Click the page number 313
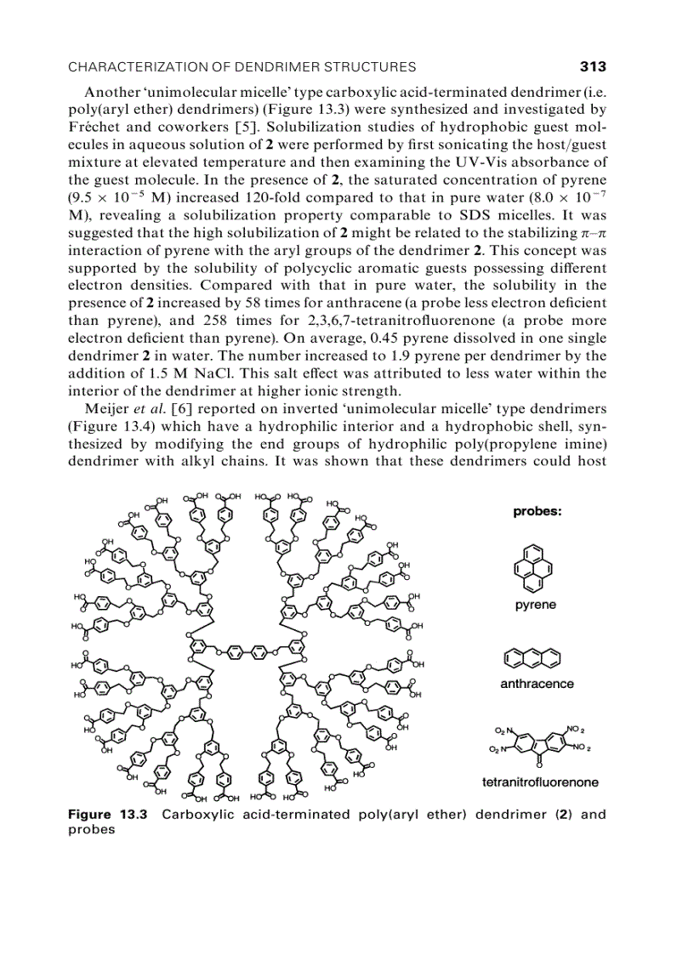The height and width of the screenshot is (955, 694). (x=592, y=66)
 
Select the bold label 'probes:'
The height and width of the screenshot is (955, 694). (x=538, y=512)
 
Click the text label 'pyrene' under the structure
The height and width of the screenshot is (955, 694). (x=536, y=605)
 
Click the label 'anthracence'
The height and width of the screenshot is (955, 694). (x=537, y=684)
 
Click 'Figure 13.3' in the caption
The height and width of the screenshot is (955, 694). (x=107, y=815)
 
